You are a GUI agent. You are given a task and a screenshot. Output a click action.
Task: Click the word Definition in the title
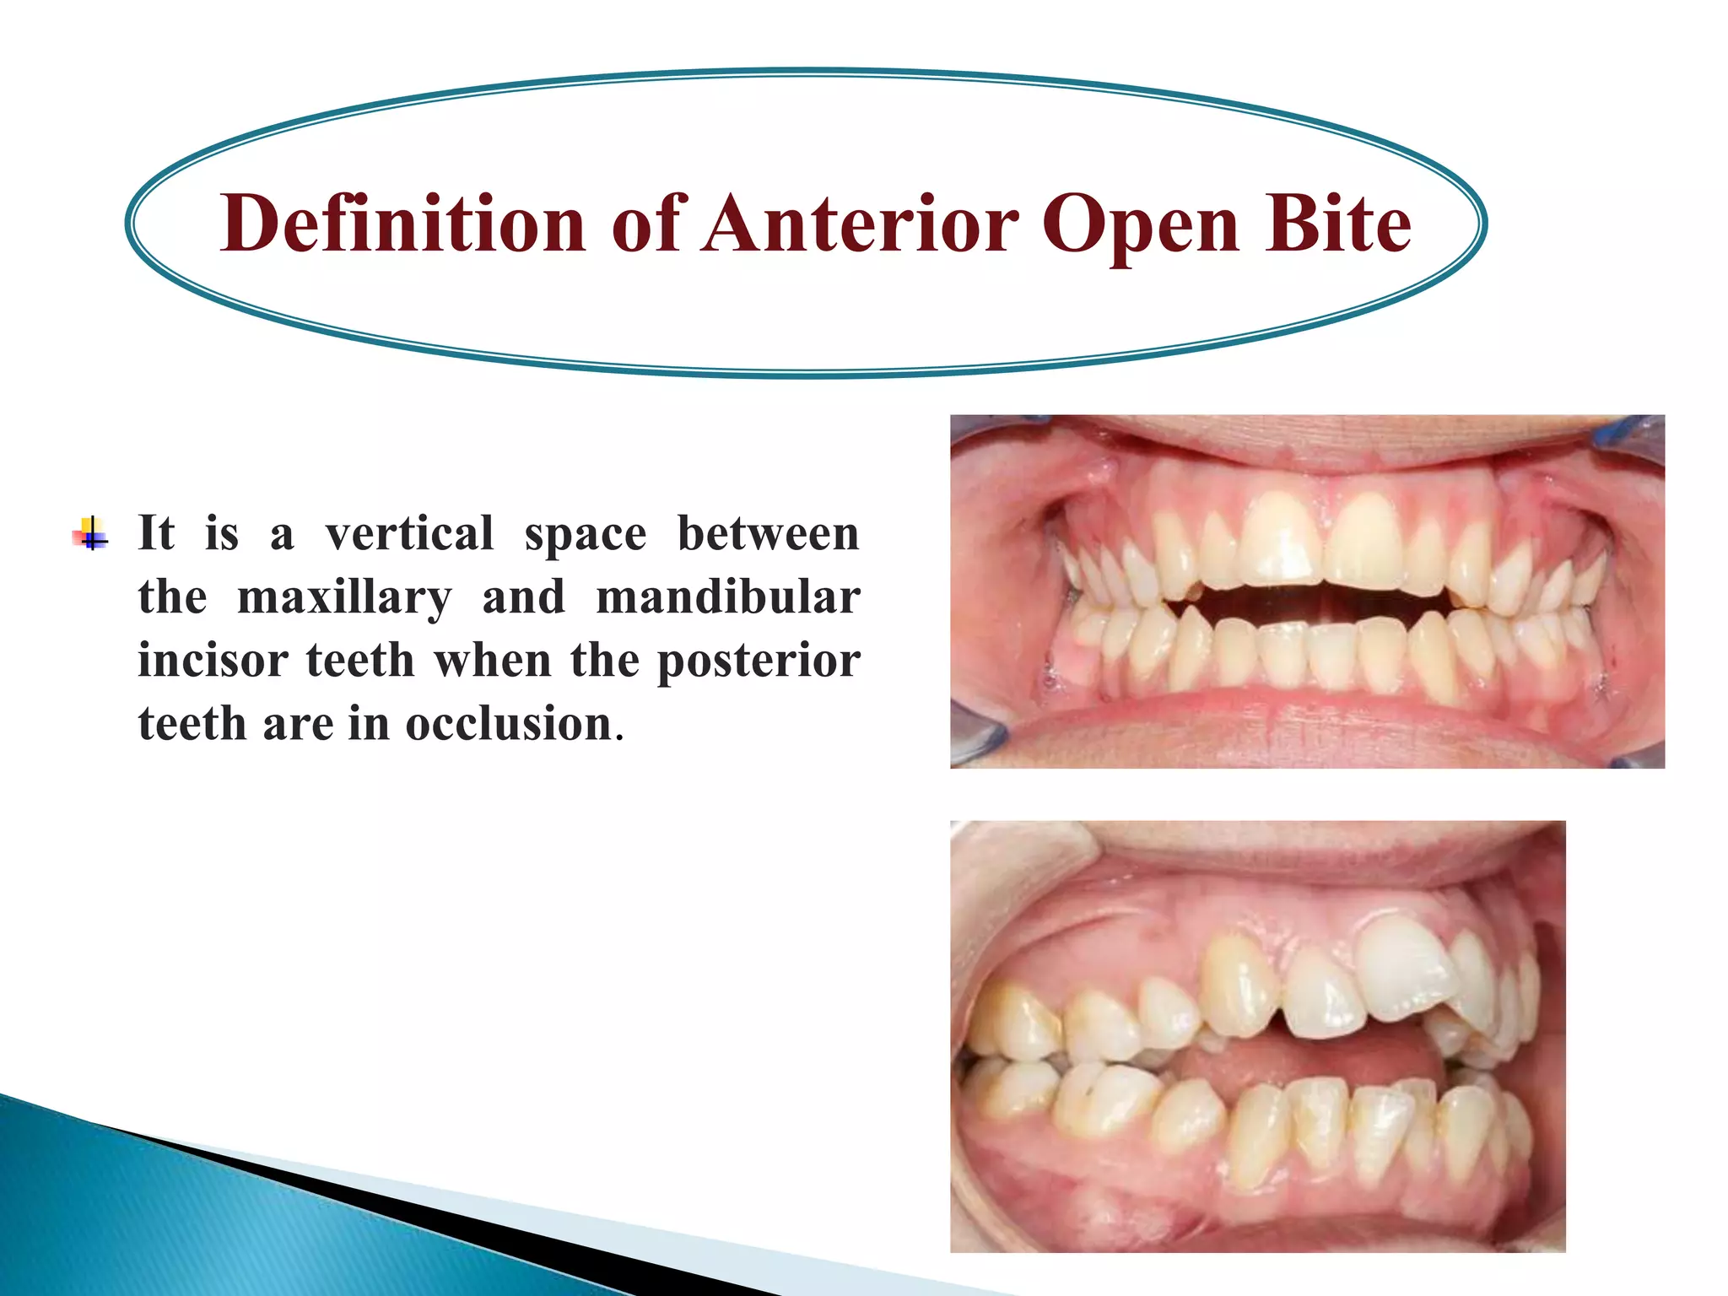[x=403, y=224]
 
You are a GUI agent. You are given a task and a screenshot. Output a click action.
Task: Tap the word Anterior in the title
[x=861, y=224]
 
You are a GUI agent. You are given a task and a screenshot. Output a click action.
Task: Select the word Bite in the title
[x=1336, y=224]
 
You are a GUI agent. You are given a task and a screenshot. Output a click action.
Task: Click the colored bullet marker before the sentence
[x=90, y=534]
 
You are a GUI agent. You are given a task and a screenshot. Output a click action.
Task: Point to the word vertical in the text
[x=409, y=534]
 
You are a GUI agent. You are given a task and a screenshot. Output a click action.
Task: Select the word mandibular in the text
[x=727, y=597]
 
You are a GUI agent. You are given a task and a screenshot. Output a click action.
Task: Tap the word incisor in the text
[x=213, y=661]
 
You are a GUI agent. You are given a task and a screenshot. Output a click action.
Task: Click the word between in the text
[x=768, y=534]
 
